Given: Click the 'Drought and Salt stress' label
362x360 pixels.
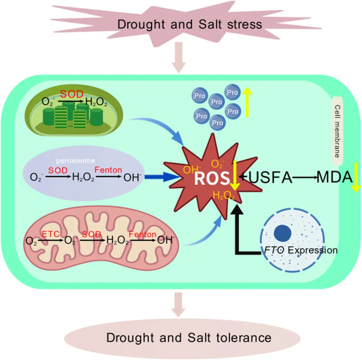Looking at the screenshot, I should (x=189, y=24).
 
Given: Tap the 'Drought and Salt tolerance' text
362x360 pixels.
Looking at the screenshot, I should (x=189, y=337).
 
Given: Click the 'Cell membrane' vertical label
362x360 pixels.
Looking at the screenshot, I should (x=337, y=131).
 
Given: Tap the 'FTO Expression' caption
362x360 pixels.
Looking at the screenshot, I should (x=300, y=250).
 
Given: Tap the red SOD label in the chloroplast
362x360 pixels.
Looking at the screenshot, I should (x=72, y=95).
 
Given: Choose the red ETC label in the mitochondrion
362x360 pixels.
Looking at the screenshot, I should (x=49, y=234).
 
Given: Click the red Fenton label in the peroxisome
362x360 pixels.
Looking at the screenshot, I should (x=109, y=170).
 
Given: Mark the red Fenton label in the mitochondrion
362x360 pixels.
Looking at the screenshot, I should (x=142, y=234).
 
